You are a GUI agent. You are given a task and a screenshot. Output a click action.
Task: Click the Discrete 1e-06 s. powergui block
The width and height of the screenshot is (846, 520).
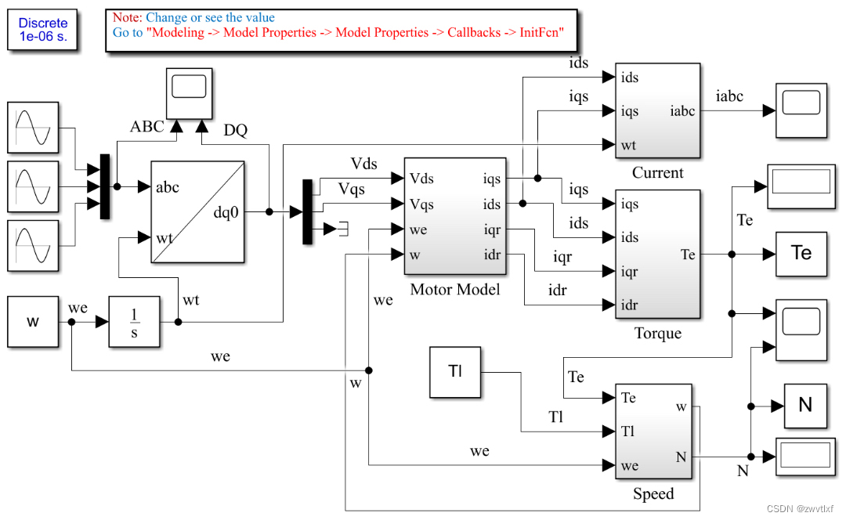pyautogui.click(x=43, y=30)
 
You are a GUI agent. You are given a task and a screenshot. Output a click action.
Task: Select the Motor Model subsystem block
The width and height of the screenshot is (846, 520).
pyautogui.click(x=455, y=216)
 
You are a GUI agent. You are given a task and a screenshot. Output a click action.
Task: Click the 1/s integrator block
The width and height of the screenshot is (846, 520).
pyautogui.click(x=134, y=322)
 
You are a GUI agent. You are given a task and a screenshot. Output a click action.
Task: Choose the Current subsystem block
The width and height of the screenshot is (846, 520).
pyautogui.click(x=657, y=110)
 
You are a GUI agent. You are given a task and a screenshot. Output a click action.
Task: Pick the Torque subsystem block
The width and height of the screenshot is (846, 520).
pyautogui.click(x=657, y=255)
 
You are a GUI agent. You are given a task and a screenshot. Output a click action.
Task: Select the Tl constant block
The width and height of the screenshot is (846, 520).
pyautogui.click(x=455, y=372)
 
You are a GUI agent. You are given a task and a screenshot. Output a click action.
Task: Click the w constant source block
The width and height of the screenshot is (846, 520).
pyautogui.click(x=33, y=322)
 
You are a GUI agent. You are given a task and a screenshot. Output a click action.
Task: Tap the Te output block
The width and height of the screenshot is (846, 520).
pyautogui.click(x=801, y=254)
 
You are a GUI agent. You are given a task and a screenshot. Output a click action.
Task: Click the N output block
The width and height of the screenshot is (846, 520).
pyautogui.click(x=804, y=406)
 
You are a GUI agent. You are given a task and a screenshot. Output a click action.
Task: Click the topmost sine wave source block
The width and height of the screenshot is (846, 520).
pyautogui.click(x=33, y=128)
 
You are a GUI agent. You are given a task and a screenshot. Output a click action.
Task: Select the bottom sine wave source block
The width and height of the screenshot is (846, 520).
pyautogui.click(x=33, y=246)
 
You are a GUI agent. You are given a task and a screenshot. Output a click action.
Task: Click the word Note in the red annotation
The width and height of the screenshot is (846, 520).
pyautogui.click(x=127, y=17)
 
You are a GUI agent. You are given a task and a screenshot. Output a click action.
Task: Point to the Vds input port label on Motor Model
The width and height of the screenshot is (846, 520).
pyautogui.click(x=421, y=179)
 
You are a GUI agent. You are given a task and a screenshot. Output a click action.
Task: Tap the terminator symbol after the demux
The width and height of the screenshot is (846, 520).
pyautogui.click(x=343, y=229)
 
